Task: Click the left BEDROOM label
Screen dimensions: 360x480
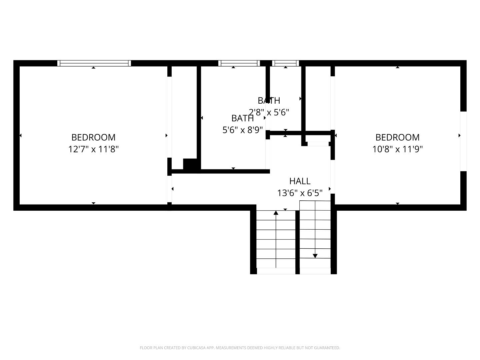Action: tap(93, 137)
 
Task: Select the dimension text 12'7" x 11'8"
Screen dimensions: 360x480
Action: tap(93, 149)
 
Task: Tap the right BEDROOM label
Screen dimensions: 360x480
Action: tap(397, 137)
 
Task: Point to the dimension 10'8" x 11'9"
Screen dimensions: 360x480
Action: tap(397, 149)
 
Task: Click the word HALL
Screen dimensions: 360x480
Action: tap(300, 181)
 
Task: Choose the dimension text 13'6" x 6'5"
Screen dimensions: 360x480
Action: tap(300, 193)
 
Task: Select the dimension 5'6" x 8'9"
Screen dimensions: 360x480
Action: tap(242, 130)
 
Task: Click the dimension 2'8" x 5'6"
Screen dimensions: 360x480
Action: tap(269, 112)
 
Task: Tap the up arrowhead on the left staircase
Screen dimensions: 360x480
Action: tap(276, 213)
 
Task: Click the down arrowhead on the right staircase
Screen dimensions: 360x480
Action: tap(315, 256)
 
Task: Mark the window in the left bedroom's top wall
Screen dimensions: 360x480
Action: tap(94, 63)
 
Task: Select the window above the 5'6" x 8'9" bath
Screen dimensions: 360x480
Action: tap(239, 63)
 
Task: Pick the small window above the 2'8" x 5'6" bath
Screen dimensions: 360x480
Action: tap(285, 63)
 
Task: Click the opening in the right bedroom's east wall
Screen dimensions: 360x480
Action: tap(463, 141)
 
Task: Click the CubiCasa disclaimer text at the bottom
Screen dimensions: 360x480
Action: tap(240, 348)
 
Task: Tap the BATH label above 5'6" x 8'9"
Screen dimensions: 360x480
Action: tap(242, 118)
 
